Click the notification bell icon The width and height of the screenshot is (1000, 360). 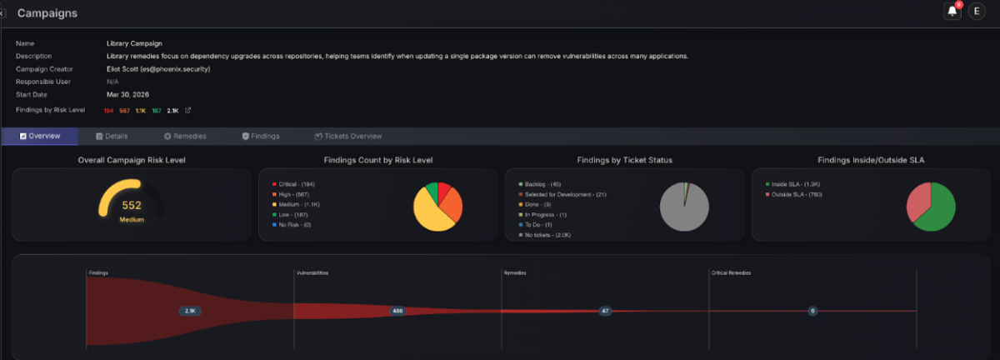(x=952, y=12)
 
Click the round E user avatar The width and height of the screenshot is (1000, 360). (x=977, y=12)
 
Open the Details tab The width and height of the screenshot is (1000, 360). (x=112, y=136)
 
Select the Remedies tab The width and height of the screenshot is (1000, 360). (x=185, y=136)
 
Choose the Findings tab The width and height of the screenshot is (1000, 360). (x=260, y=136)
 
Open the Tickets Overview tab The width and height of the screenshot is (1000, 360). (x=347, y=136)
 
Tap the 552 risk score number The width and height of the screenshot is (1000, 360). (x=132, y=205)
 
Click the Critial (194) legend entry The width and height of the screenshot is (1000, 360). (x=296, y=182)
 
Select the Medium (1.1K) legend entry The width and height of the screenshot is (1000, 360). (x=300, y=203)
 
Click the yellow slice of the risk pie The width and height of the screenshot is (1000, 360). (x=429, y=215)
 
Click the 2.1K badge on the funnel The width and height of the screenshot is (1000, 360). (x=190, y=311)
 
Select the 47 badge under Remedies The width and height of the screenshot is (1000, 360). (x=605, y=311)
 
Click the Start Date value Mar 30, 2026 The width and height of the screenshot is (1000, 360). (x=128, y=94)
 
